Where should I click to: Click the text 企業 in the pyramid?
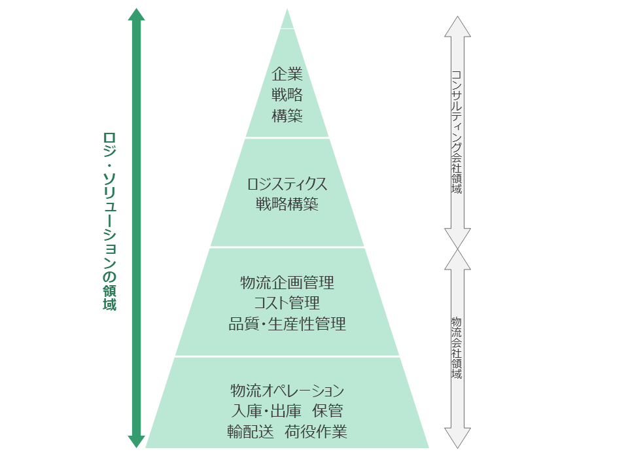pyautogui.click(x=287, y=74)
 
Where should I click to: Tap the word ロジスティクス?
pyautogui.click(x=287, y=184)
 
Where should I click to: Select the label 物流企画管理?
pyautogui.click(x=287, y=283)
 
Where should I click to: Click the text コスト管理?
pyautogui.click(x=287, y=303)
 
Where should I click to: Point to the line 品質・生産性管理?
pyautogui.click(x=287, y=324)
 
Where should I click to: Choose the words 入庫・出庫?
pyautogui.click(x=266, y=411)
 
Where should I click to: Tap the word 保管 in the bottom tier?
pyautogui.click(x=328, y=411)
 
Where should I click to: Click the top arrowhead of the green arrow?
pyautogui.click(x=136, y=14)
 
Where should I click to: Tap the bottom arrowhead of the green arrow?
pyautogui.click(x=136, y=442)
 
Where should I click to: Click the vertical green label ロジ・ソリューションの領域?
pyautogui.click(x=109, y=222)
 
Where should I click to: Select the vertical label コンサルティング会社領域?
pyautogui.click(x=457, y=132)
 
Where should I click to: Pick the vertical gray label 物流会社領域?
pyautogui.click(x=457, y=348)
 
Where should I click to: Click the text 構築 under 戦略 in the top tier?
pyautogui.click(x=287, y=116)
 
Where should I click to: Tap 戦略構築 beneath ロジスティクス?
pyautogui.click(x=287, y=205)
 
